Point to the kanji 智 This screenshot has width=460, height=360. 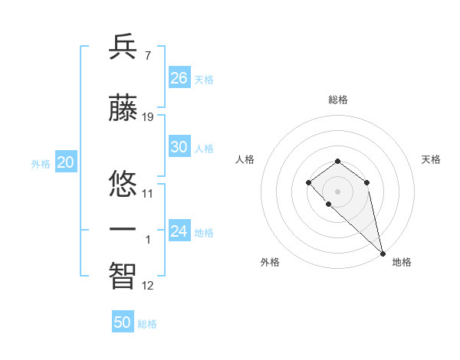click(123, 273)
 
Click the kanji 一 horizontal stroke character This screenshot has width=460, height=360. click(123, 228)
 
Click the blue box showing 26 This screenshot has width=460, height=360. click(179, 78)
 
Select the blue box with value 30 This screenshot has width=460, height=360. click(179, 147)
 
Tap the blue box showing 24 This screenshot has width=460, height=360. click(179, 231)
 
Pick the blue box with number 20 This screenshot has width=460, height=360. click(65, 162)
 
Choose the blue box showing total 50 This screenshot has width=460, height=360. click(123, 322)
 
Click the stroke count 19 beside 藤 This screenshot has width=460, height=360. click(148, 117)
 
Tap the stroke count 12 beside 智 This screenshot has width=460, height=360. click(148, 286)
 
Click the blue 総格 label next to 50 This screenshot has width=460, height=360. click(147, 324)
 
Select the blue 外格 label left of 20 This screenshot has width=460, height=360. click(41, 163)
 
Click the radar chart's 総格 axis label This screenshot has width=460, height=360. click(337, 100)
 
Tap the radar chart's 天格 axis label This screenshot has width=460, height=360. click(431, 159)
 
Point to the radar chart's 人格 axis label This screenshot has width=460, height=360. click(245, 159)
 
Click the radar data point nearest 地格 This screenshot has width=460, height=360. click(383, 253)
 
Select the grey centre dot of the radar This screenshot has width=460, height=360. click(337, 191)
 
